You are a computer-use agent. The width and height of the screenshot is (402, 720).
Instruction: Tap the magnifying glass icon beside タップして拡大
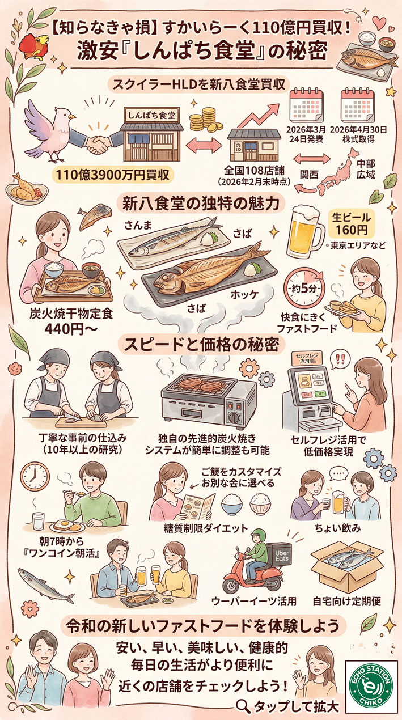click(243, 706)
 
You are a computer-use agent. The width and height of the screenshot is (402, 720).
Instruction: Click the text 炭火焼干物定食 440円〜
click(71, 320)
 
